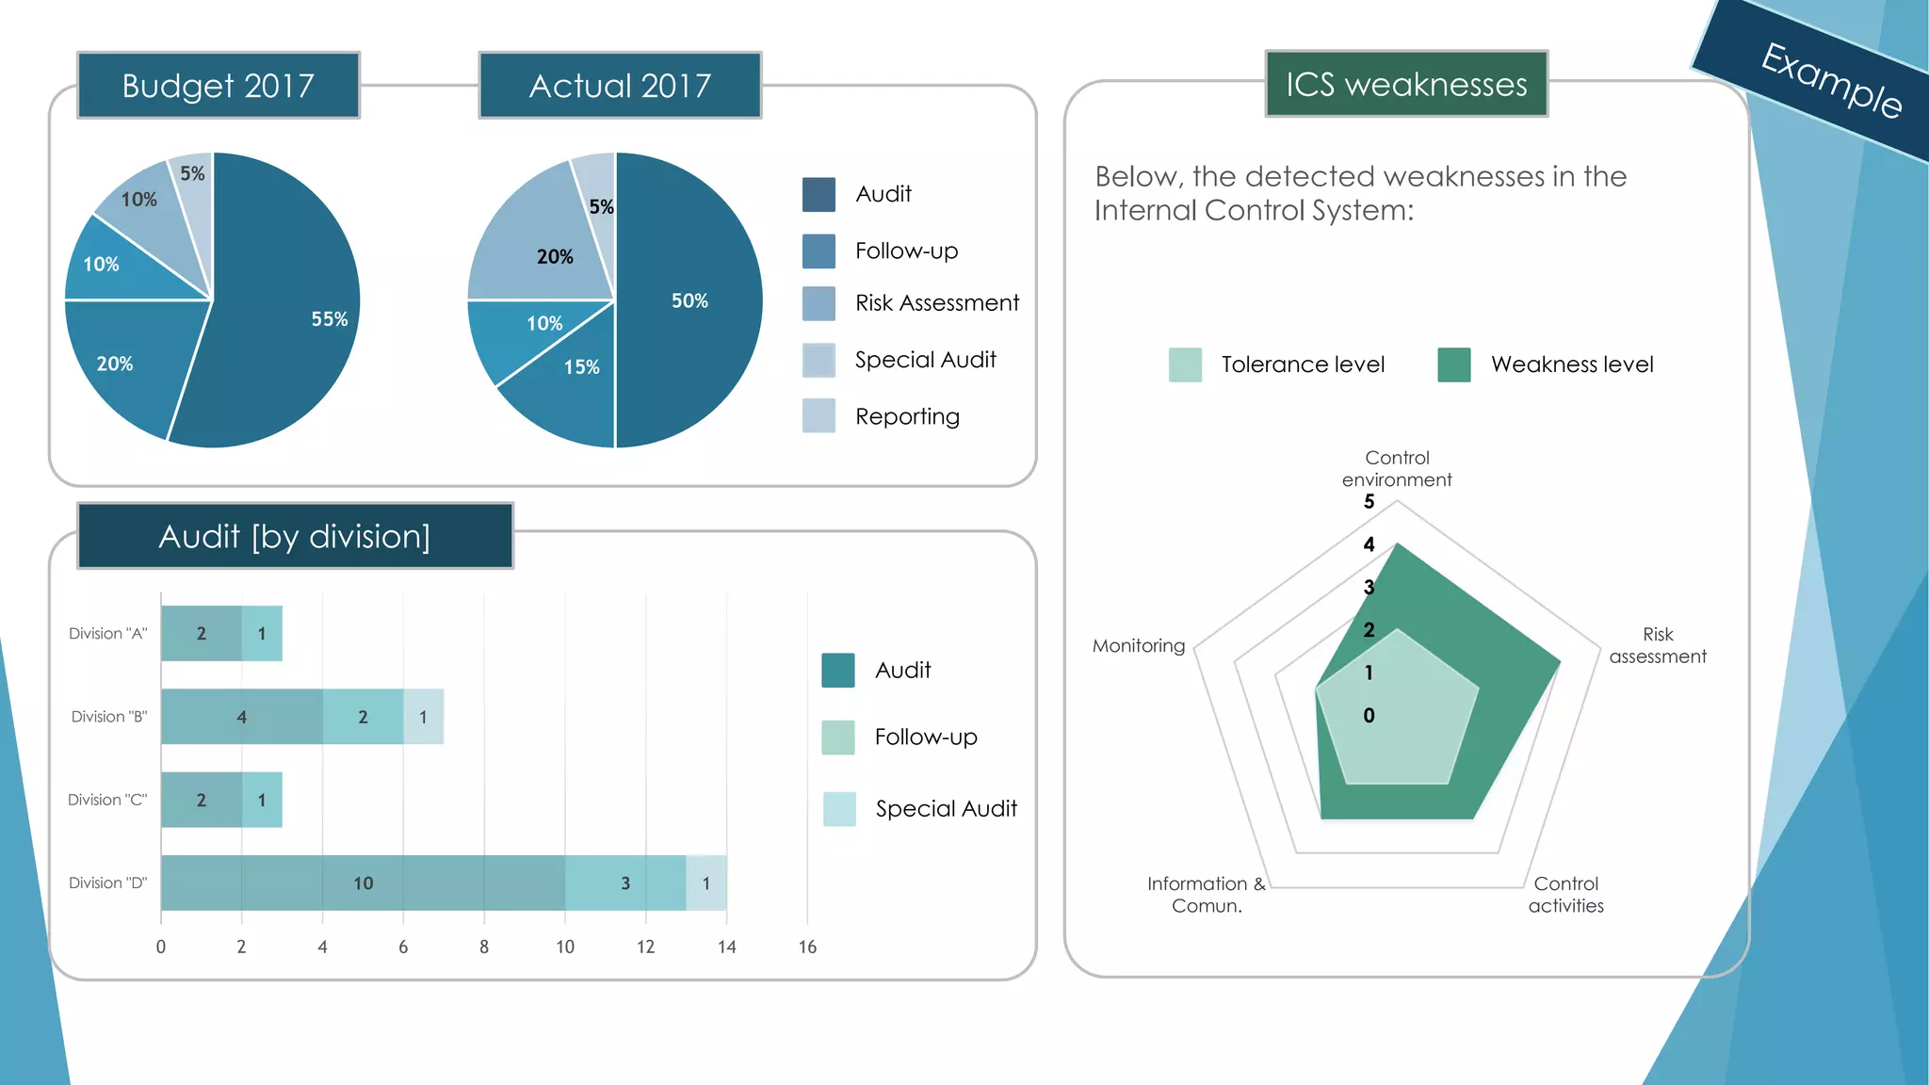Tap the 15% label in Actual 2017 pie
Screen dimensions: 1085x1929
coord(581,367)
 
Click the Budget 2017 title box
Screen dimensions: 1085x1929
coord(219,86)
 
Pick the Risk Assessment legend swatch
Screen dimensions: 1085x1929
coord(819,303)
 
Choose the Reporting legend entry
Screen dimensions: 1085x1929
coord(906,416)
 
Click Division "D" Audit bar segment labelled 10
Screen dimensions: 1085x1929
coord(363,883)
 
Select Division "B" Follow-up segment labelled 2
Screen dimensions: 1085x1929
coord(363,717)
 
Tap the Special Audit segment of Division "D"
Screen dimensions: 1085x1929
coord(706,883)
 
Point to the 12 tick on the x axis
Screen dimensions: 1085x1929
coord(645,947)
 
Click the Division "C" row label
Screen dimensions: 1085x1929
coord(107,800)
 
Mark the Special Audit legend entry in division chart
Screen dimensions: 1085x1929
coord(945,808)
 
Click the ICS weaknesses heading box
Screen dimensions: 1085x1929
coord(1405,85)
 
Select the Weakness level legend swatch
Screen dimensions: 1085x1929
coord(1453,364)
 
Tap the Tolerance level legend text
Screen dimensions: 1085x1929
coord(1303,364)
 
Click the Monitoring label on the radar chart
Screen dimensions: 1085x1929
coord(1138,646)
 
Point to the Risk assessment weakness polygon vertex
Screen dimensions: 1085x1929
coord(1560,662)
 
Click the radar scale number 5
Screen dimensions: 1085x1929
coord(1369,502)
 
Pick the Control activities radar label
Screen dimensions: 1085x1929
coord(1565,895)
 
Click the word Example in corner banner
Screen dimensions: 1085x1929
coord(1830,81)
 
